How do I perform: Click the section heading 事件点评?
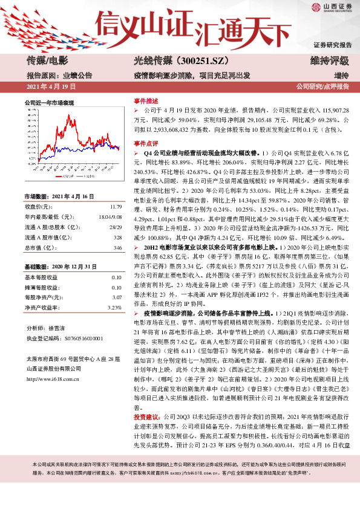point(145,144)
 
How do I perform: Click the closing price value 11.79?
point(114,206)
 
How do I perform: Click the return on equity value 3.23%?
point(113,308)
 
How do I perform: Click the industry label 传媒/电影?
point(48,60)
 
